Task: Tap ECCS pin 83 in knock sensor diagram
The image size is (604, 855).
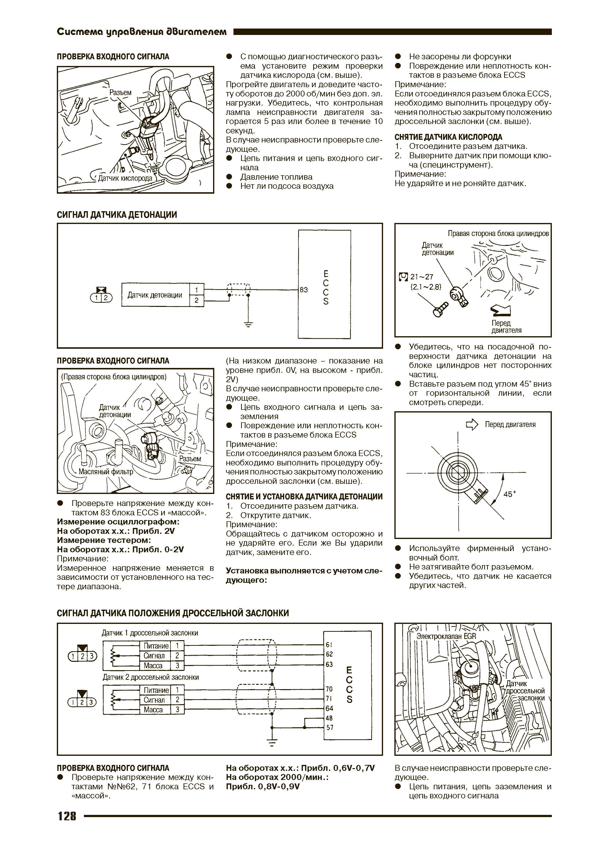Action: (304, 290)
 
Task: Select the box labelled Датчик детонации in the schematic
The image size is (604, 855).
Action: (155, 295)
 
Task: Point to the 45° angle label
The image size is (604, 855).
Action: (510, 494)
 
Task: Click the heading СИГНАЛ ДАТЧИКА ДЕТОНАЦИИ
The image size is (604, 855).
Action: (117, 215)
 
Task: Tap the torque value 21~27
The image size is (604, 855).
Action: (422, 277)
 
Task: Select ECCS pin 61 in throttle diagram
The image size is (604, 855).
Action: (329, 645)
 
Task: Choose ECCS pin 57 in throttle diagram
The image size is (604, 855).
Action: (329, 727)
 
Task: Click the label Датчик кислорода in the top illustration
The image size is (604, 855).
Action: (125, 178)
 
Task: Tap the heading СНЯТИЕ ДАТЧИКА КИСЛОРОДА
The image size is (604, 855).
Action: (449, 137)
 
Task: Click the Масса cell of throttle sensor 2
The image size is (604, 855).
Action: (153, 710)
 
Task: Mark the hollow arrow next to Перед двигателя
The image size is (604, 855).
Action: (472, 425)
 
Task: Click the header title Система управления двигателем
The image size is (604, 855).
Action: (142, 32)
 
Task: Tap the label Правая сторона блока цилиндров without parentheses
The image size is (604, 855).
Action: (498, 234)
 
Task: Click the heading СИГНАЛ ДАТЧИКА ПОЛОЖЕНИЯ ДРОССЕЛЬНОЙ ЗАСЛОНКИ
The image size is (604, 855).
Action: (173, 613)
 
